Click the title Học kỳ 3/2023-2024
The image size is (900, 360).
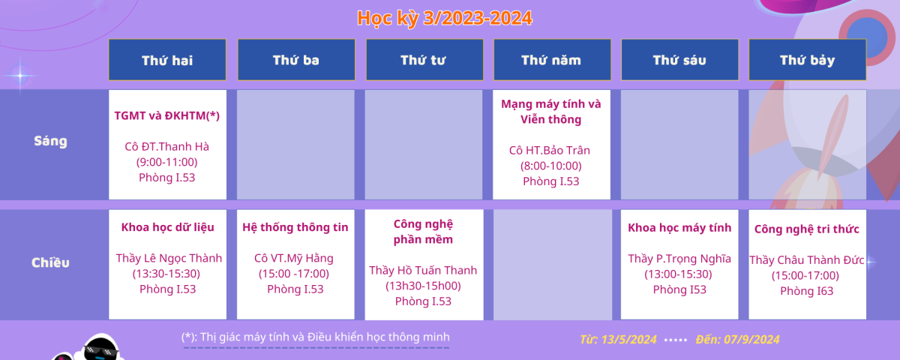(445, 18)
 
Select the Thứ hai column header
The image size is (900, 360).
(167, 60)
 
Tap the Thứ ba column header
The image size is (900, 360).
(296, 60)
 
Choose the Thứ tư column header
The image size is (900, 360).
(424, 60)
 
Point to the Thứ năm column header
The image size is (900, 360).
(552, 60)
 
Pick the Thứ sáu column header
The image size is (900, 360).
(679, 60)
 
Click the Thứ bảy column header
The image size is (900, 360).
(808, 60)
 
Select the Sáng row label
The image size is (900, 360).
(51, 142)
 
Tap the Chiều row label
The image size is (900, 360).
(51, 262)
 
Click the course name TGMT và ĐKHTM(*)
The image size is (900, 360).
(167, 115)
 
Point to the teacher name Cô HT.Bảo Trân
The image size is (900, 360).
(550, 150)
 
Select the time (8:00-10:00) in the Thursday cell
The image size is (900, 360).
(550, 166)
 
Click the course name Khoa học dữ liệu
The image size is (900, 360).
(167, 227)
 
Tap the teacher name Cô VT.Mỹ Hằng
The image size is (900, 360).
(294, 258)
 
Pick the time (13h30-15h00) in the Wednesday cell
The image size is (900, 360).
(423, 286)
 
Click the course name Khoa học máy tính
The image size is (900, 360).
(679, 228)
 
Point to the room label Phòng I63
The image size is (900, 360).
(807, 291)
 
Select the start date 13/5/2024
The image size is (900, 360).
(628, 340)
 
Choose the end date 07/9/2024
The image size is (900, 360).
(751, 340)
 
